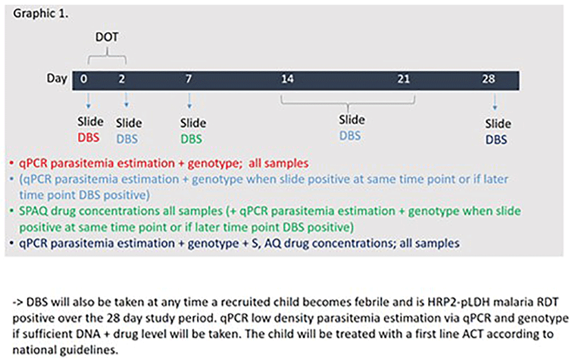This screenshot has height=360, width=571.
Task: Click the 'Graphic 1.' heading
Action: click(41, 14)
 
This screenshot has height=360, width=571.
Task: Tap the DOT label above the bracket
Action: click(107, 37)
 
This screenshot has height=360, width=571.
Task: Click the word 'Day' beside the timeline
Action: click(57, 79)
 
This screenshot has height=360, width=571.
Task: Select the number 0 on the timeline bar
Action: click(84, 79)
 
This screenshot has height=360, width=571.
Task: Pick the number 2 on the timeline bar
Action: click(122, 79)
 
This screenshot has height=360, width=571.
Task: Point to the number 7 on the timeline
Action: click(188, 79)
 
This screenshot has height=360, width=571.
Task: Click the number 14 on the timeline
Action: click(287, 79)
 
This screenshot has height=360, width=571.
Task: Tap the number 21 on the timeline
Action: click(404, 79)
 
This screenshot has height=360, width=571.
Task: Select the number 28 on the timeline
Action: click(488, 79)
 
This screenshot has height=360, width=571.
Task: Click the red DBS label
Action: click(89, 137)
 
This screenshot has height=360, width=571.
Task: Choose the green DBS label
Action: click(191, 139)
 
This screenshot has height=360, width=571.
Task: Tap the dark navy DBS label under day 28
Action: click(496, 140)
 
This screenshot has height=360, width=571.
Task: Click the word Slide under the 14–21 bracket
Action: click(352, 120)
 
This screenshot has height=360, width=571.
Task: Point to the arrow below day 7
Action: click(189, 101)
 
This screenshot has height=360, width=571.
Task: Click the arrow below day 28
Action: click(494, 102)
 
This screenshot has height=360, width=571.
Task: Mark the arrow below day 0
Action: click(88, 101)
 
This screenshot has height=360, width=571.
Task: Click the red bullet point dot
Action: click(11, 163)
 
